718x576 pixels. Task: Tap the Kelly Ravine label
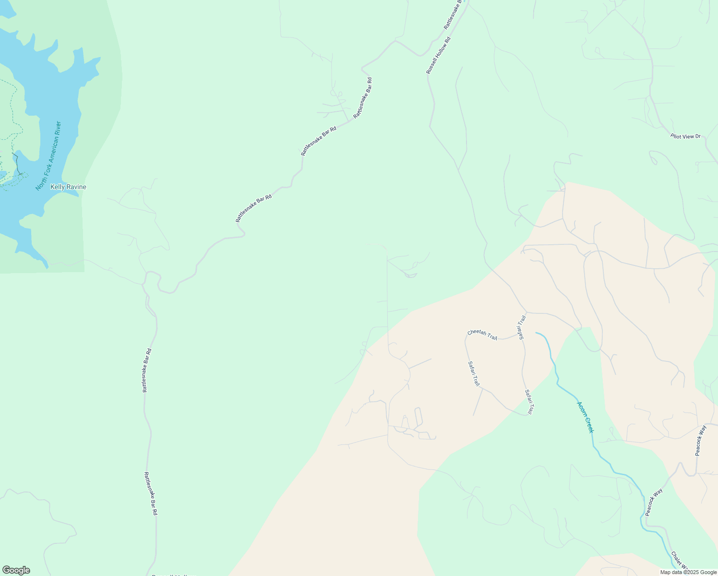68,187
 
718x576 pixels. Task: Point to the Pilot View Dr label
685,136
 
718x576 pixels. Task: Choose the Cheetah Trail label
482,335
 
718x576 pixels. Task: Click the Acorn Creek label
586,417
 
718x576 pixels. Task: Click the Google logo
16,570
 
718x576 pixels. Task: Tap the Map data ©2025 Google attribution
688,572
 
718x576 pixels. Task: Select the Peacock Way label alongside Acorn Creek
654,502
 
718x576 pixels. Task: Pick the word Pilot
676,136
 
